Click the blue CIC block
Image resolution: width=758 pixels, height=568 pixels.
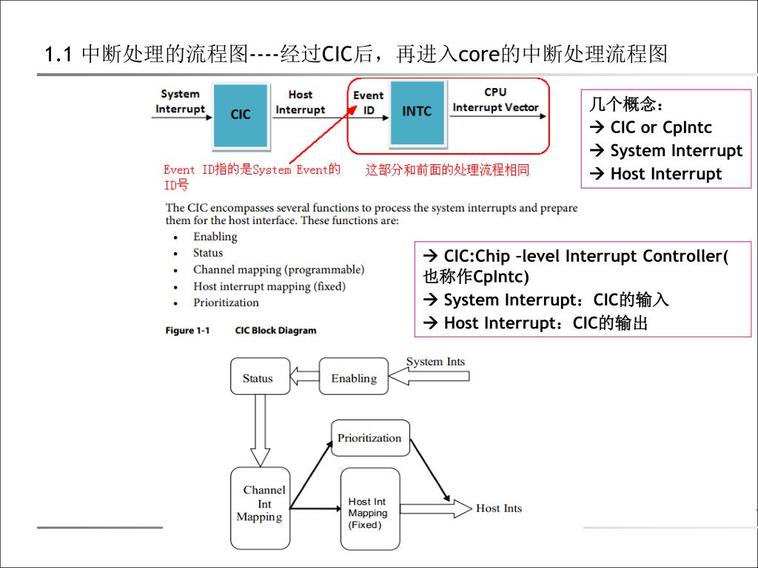(x=241, y=115)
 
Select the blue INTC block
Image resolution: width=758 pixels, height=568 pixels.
(x=417, y=112)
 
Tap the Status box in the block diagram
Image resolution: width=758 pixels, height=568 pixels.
(x=258, y=378)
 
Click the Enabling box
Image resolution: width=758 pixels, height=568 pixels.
(x=353, y=378)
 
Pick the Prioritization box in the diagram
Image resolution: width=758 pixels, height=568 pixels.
(x=369, y=438)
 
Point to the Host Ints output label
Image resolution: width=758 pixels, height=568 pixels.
(x=498, y=508)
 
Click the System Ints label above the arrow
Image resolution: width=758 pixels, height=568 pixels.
(x=435, y=362)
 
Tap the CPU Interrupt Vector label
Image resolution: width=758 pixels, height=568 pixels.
(x=495, y=101)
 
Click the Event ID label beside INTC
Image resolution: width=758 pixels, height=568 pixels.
(x=368, y=103)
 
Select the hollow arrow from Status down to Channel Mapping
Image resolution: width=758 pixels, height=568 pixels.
(x=259, y=430)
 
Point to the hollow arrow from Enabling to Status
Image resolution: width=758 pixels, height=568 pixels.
(x=303, y=377)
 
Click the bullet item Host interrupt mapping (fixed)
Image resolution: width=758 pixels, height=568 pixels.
(x=269, y=286)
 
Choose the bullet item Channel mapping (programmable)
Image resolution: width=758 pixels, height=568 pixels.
(x=278, y=270)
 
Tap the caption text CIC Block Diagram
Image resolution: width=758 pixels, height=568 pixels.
(x=275, y=331)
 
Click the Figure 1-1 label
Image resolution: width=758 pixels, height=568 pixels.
(x=187, y=331)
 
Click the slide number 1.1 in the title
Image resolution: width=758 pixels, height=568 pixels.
(x=57, y=55)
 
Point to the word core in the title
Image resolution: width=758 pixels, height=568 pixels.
(x=481, y=55)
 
